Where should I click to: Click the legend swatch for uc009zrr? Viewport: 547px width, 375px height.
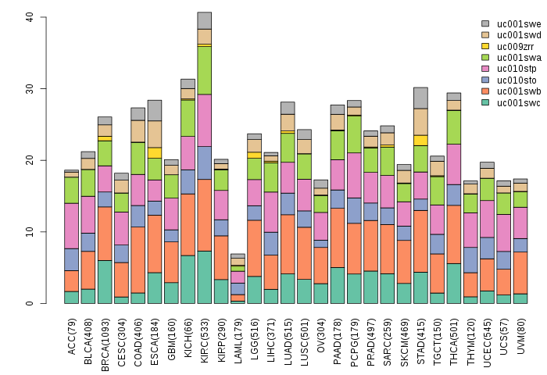click(485, 46)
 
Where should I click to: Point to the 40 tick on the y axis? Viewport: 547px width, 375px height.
click(28, 17)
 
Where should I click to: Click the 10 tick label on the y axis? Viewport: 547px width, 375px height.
click(28, 232)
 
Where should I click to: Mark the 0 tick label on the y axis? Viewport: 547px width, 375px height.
click(28, 303)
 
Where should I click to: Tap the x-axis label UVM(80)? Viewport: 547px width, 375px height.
click(520, 334)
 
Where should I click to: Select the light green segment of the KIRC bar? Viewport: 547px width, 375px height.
click(204, 70)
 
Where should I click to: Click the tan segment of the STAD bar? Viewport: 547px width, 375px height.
click(421, 121)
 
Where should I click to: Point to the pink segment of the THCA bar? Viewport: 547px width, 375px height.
click(453, 164)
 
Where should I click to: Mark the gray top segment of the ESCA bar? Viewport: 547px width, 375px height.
click(154, 110)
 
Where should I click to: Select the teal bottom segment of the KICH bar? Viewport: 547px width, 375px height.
click(188, 280)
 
